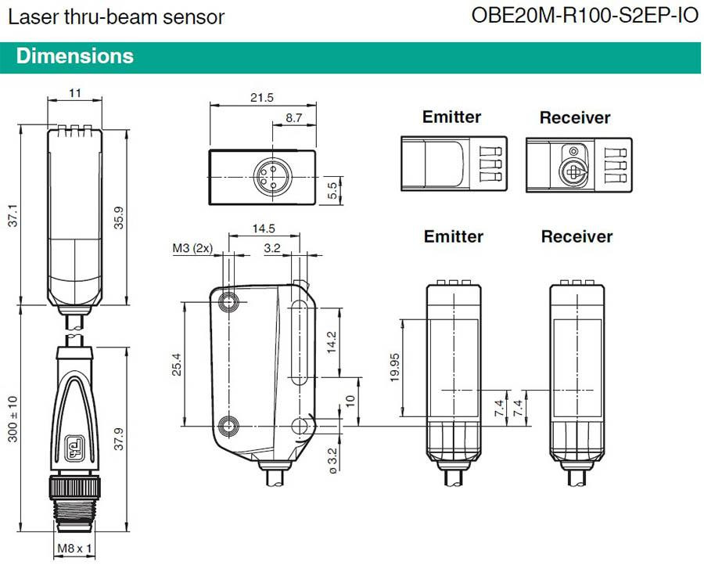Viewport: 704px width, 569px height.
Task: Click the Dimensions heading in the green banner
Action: (75, 56)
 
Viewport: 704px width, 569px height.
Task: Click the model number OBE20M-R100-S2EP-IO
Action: (585, 16)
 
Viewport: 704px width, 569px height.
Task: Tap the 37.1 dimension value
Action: (13, 215)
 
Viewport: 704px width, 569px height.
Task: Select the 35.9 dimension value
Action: (119, 218)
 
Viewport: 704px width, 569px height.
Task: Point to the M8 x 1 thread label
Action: (74, 549)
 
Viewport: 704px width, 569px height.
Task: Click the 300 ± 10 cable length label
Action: (13, 419)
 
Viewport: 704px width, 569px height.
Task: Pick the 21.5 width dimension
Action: (262, 98)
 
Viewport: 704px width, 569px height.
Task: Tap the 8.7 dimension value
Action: (293, 117)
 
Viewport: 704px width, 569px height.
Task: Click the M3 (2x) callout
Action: (192, 248)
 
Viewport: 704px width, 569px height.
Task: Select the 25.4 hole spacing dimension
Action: (177, 364)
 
